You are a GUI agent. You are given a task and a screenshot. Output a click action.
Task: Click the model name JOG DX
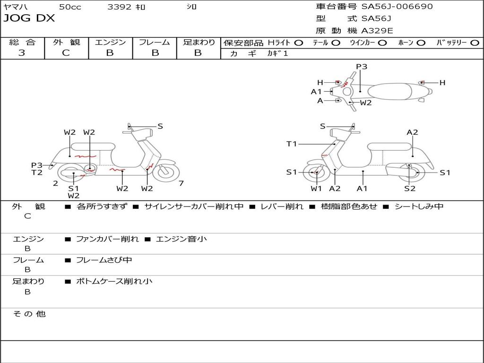[x=29, y=18]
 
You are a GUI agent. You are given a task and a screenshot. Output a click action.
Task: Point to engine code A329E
[x=377, y=31]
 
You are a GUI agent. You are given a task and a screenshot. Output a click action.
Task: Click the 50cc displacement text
[x=69, y=7]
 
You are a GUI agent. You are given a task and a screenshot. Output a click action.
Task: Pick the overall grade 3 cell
[x=22, y=53]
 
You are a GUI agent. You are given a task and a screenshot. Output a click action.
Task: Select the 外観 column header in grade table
[x=67, y=42]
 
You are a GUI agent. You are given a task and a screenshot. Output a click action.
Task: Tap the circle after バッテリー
[x=474, y=43]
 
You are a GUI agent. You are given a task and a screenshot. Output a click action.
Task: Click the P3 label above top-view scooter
[x=362, y=67]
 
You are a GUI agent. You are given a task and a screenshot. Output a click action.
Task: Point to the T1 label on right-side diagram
[x=292, y=144]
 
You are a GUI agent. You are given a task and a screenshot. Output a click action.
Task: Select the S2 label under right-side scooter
[x=410, y=189]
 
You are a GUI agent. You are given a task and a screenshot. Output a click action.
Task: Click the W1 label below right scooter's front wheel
[x=316, y=189]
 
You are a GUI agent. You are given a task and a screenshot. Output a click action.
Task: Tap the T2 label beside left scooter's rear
[x=37, y=173]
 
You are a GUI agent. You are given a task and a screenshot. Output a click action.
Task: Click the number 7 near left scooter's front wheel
[x=181, y=183]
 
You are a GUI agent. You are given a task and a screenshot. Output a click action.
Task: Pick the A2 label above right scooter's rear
[x=413, y=132]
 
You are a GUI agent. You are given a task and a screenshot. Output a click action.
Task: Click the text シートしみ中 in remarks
[x=419, y=207]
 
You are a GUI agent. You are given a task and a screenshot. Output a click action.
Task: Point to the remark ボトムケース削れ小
[x=114, y=281]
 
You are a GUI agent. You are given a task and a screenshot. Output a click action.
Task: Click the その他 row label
[x=29, y=314]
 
